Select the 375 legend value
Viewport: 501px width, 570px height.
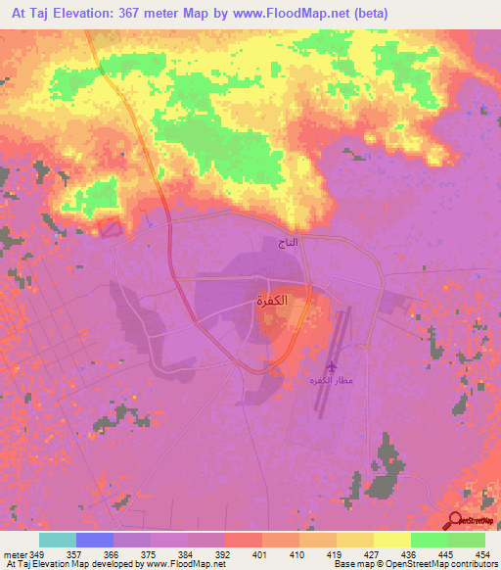[150, 553]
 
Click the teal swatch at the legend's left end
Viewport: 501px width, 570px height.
[58, 540]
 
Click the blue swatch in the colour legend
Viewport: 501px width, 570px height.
[95, 540]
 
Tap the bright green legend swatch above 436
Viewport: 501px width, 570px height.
[429, 540]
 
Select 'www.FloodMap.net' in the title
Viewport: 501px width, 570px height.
[287, 13]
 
